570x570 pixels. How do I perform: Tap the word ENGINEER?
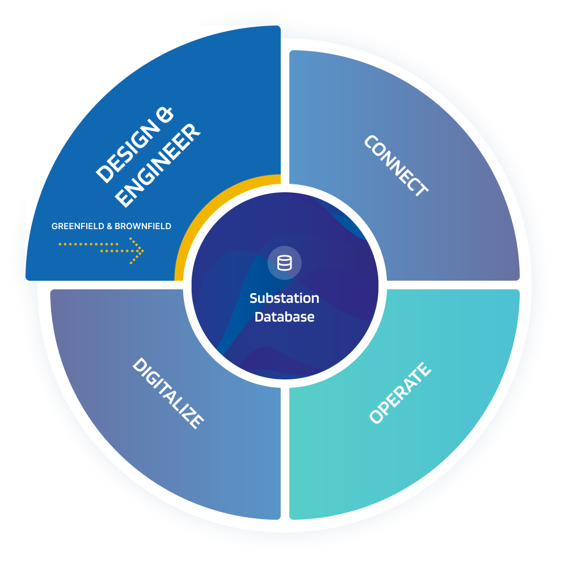pyautogui.click(x=158, y=165)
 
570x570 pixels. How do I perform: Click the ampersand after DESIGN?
pyautogui.click(x=164, y=114)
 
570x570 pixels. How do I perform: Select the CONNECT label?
pyautogui.click(x=396, y=166)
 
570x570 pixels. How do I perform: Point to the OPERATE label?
pyautogui.click(x=400, y=393)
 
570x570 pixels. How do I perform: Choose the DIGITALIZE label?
pyautogui.click(x=168, y=393)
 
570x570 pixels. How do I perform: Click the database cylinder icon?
pyautogui.click(x=284, y=263)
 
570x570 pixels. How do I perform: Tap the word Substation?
pyautogui.click(x=284, y=298)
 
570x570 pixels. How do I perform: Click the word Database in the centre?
pyautogui.click(x=284, y=317)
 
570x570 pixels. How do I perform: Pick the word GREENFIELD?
pyautogui.click(x=78, y=226)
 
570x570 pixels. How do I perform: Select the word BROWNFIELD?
pyautogui.click(x=143, y=226)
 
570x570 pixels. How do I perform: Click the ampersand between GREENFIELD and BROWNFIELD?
pyautogui.click(x=109, y=226)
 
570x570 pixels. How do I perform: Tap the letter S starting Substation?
pyautogui.click(x=254, y=298)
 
